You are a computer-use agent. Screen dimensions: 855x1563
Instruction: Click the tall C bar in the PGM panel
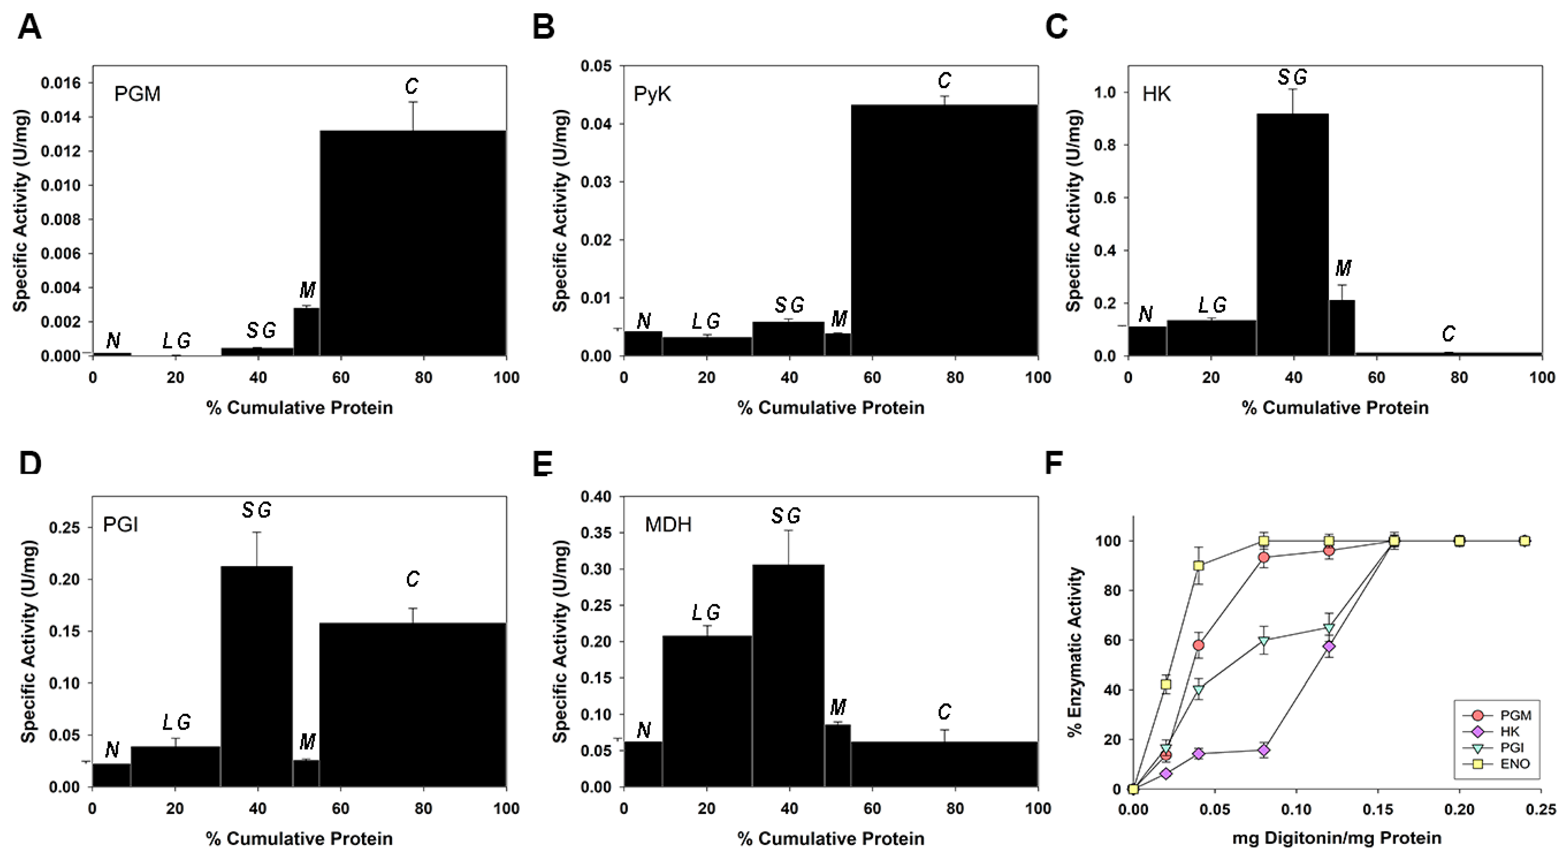[413, 243]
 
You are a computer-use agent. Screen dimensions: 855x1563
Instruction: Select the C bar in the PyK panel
[944, 231]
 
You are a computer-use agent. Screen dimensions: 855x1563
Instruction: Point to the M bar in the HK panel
[1342, 328]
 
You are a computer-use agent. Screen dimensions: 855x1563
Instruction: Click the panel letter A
[29, 27]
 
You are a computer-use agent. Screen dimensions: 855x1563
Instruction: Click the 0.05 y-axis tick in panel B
[595, 66]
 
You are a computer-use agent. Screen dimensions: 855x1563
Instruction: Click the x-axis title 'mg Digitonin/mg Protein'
[1336, 838]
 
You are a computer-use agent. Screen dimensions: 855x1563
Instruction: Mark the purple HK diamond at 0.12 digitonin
[1329, 647]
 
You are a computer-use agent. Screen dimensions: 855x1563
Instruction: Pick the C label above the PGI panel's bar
[413, 580]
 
